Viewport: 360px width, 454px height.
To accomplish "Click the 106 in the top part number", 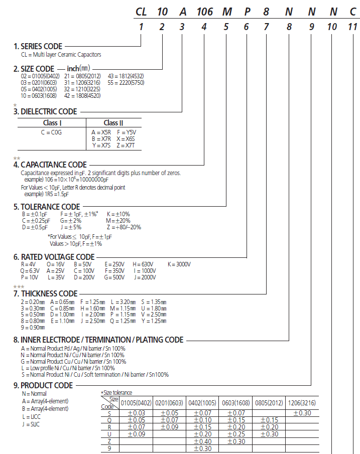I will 204,11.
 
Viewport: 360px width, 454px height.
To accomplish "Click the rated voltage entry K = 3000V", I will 179,264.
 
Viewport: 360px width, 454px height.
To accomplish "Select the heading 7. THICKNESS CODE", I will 45,293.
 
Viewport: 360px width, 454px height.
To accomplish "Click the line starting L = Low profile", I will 68,368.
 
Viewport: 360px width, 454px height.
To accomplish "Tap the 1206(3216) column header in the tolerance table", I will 302,402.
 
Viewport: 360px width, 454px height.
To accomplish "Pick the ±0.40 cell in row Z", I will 204,441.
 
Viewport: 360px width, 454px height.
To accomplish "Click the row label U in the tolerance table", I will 110,434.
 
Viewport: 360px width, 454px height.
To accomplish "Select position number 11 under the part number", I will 353,28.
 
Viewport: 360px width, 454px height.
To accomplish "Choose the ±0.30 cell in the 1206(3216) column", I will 302,413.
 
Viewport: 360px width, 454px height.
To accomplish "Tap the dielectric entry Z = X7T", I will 129,145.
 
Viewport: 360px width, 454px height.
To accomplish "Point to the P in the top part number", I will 247,11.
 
